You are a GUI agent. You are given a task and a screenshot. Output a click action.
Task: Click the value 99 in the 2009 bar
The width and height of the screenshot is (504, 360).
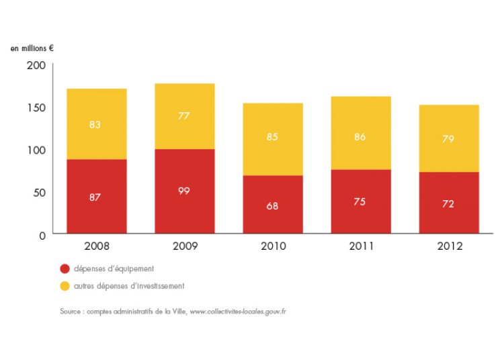click(x=184, y=190)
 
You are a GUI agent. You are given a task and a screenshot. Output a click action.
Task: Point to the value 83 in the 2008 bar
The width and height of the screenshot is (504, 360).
click(x=96, y=124)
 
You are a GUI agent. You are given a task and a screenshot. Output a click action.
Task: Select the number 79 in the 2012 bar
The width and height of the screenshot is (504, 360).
click(x=448, y=139)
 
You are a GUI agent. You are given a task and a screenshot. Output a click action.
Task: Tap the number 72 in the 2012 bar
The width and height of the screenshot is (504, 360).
click(x=448, y=204)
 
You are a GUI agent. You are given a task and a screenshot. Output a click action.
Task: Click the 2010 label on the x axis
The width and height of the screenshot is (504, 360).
click(x=272, y=246)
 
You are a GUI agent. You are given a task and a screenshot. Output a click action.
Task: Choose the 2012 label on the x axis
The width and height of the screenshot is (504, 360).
click(x=448, y=246)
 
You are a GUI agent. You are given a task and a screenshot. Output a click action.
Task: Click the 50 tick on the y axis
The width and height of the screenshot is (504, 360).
click(x=40, y=192)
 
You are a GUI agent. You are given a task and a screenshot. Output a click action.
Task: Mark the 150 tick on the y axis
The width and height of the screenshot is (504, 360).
click(x=37, y=107)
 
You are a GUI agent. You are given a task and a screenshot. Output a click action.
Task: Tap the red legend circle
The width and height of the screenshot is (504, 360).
click(x=65, y=269)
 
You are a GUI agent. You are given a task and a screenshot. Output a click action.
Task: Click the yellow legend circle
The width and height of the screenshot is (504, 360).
click(x=65, y=285)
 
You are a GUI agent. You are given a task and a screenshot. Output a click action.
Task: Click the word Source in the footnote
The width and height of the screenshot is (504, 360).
click(x=71, y=312)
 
